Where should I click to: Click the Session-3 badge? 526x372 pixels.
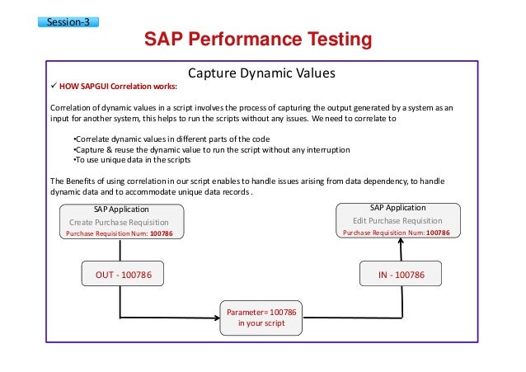point(68,22)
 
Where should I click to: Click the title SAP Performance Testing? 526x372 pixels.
point(258,40)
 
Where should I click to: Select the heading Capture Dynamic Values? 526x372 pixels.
point(262,73)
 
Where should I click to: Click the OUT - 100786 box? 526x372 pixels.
point(121,273)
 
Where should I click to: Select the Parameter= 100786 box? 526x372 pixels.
point(261,313)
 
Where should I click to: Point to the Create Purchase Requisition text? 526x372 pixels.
point(124,223)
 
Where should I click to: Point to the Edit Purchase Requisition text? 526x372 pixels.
point(396,221)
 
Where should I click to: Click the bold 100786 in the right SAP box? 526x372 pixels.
point(438,233)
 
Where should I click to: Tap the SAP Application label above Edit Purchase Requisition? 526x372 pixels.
point(397,209)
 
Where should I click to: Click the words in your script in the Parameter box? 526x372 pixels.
point(261,324)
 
